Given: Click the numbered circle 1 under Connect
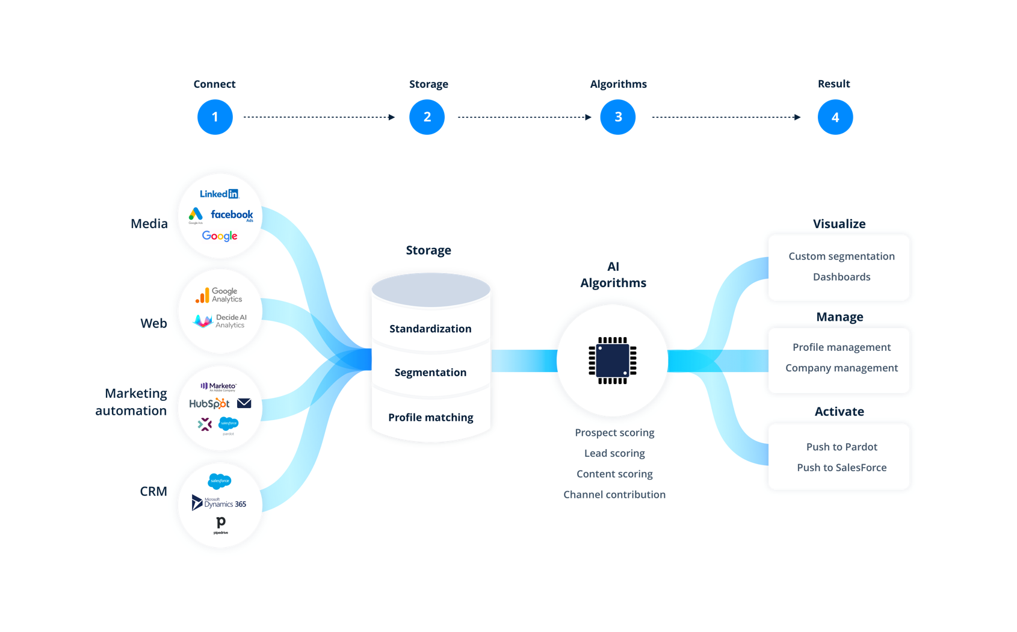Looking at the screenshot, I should pos(215,117).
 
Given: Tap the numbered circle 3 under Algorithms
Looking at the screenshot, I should pos(618,117).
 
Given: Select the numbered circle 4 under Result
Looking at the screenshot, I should pos(835,117).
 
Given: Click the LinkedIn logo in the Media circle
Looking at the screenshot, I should pos(219,194).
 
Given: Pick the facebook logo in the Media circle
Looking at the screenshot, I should pos(232,215).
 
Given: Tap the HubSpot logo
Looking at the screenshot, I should pos(209,404).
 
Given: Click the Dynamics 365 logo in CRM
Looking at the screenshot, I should pos(219,503).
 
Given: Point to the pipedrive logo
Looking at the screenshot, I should pos(221,525).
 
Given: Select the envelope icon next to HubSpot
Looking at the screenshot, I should pos(244,403).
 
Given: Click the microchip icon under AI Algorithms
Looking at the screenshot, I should pos(613,361).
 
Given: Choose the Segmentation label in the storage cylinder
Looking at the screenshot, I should pos(430,373).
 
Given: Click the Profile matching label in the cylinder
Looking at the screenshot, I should pos(430,417).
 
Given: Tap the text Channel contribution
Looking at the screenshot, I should pos(614,495).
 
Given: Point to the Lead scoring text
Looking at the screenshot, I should pos(614,453).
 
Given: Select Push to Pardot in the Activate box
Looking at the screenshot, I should pos(841,447).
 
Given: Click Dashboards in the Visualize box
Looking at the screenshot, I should pos(841,277).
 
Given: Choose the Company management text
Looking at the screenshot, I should pos(841,368).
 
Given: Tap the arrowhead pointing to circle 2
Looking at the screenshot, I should pos(392,117).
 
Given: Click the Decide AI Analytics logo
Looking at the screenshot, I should pos(220,321).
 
